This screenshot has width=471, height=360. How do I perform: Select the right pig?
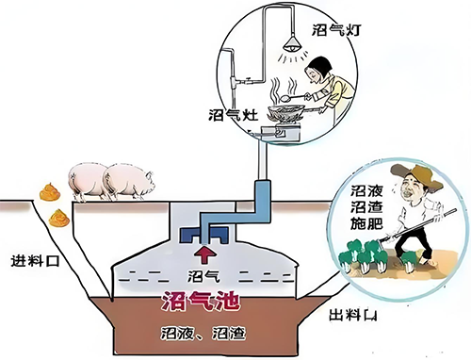point(128,179)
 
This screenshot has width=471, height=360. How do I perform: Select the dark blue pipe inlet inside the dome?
point(197,233)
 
